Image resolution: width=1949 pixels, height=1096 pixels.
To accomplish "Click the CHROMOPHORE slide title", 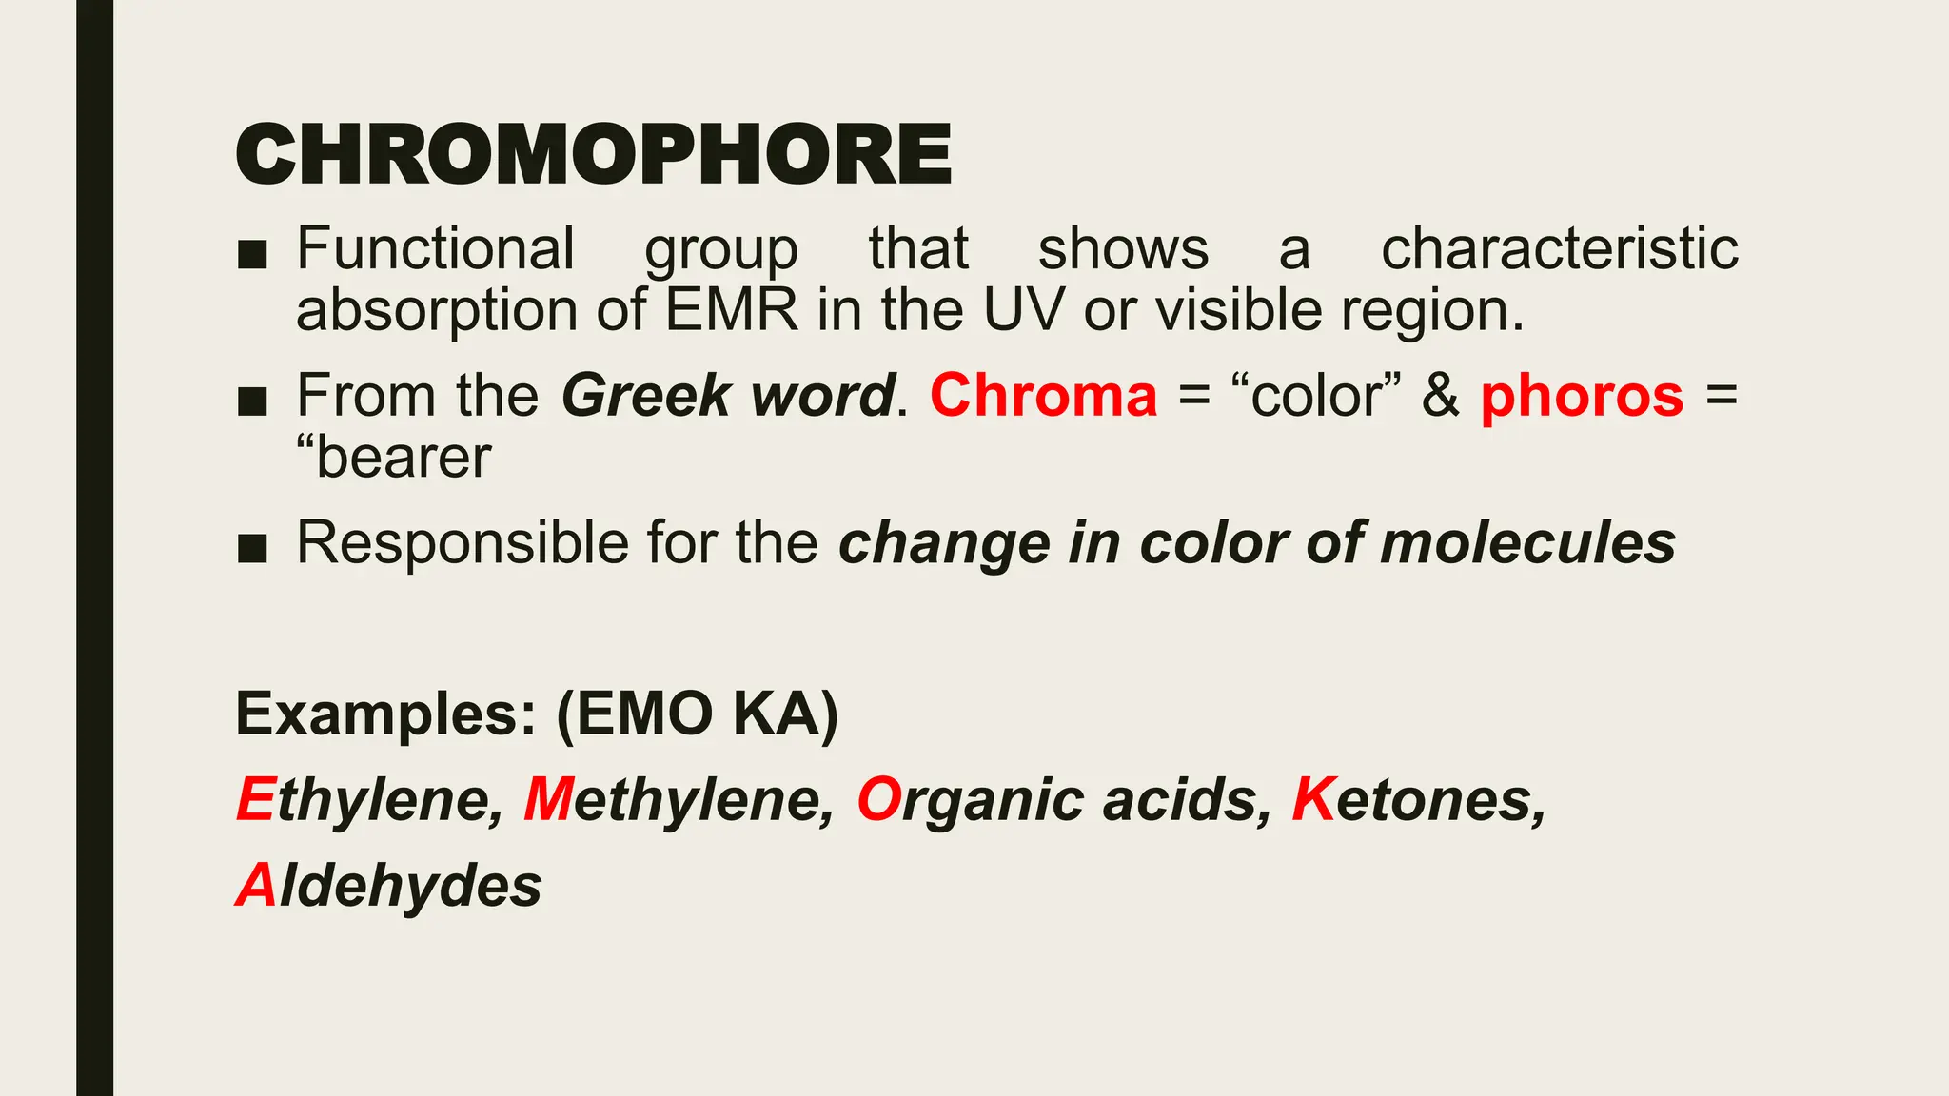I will tap(593, 155).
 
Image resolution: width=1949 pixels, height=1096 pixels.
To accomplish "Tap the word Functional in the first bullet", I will tap(436, 249).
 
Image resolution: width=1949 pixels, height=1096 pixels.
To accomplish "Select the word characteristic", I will tap(1559, 249).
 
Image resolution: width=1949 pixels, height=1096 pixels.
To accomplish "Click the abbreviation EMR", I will tap(731, 311).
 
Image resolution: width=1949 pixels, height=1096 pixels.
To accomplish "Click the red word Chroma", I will tap(1043, 396).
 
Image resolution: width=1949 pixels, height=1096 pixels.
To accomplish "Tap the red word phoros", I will tap(1582, 396).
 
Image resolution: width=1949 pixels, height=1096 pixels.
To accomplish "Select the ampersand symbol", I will tap(1440, 396).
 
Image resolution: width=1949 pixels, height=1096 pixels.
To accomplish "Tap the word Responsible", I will tap(463, 543).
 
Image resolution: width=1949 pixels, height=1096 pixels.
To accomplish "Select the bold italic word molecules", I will tap(1527, 543).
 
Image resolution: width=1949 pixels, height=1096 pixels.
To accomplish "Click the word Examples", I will tap(386, 714).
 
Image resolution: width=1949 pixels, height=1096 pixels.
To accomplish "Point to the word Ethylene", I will tap(369, 799).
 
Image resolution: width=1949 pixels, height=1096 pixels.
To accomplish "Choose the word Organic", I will tap(970, 799).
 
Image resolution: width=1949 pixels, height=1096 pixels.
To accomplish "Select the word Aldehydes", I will tap(388, 886).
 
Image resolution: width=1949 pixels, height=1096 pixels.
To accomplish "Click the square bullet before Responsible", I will tap(252, 547).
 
